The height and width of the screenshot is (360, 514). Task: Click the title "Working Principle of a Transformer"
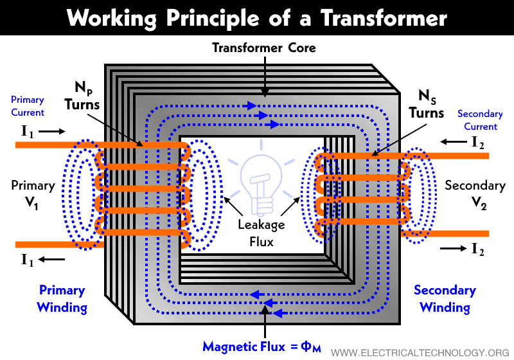[257, 17]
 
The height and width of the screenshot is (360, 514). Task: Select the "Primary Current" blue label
[28, 106]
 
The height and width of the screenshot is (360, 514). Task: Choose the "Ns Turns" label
[425, 104]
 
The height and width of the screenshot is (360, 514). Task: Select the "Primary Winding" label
[62, 298]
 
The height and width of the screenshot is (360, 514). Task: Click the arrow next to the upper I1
[53, 131]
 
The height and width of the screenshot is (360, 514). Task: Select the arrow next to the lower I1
[53, 260]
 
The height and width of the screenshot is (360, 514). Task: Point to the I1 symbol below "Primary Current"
[28, 131]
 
